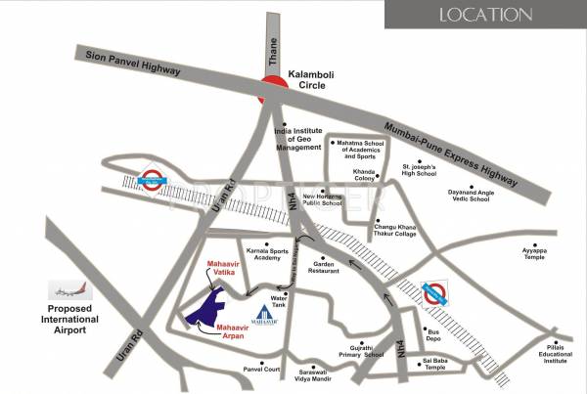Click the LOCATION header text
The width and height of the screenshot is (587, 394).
(x=485, y=15)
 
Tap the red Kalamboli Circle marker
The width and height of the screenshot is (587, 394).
(x=271, y=90)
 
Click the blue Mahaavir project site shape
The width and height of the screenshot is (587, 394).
(x=211, y=308)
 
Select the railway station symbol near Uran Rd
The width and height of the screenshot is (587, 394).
(x=152, y=179)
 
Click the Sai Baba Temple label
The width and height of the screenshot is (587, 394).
(x=439, y=366)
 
